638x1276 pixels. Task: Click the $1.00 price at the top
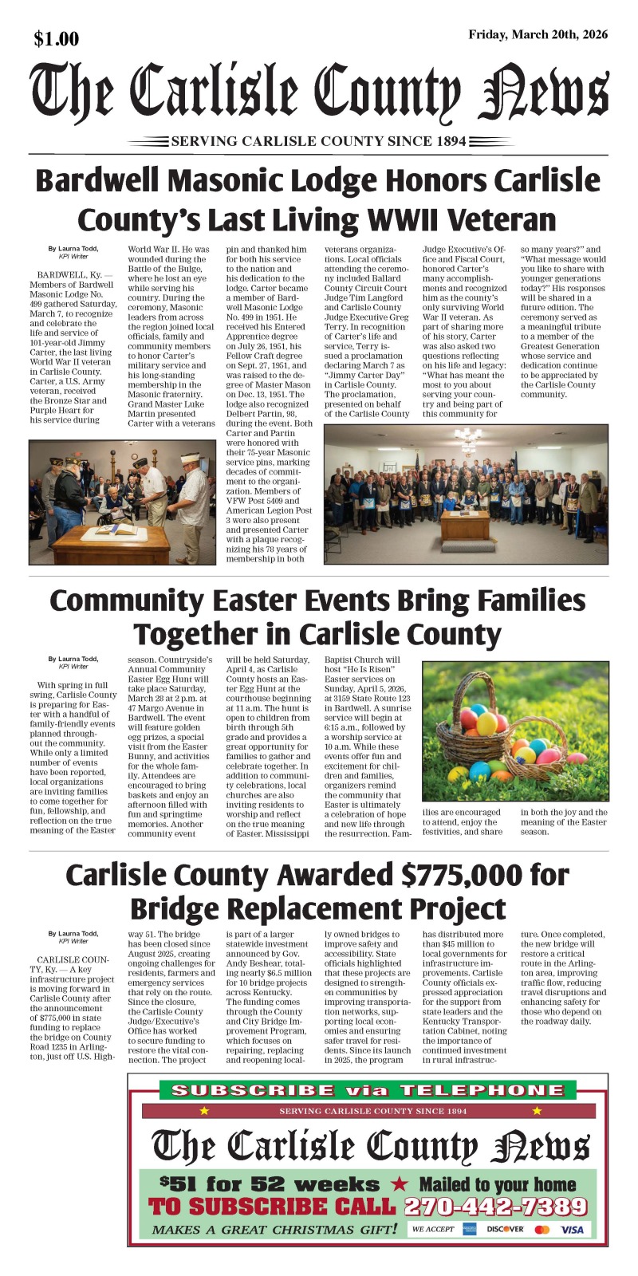[x=57, y=38]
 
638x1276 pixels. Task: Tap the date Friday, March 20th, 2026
[x=538, y=34]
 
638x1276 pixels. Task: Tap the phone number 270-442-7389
[x=495, y=1207]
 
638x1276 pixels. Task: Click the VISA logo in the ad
[x=572, y=1229]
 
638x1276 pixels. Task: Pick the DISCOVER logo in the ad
[x=505, y=1229]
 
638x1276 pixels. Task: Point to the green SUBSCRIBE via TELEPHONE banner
[x=367, y=1090]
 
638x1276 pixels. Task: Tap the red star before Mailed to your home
[x=400, y=1184]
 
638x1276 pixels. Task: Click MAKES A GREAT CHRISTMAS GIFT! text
[x=274, y=1229]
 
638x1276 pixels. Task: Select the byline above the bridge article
[x=73, y=937]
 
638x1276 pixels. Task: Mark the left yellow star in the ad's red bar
[x=205, y=1110]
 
